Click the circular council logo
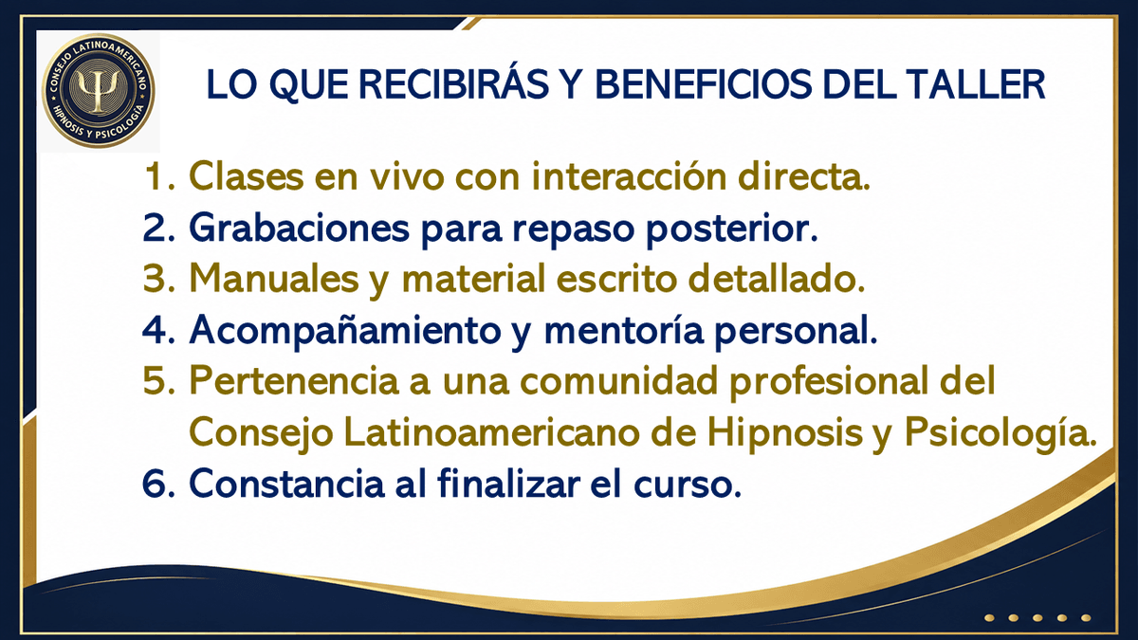point(99,91)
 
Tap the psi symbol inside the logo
point(99,90)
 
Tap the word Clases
point(247,176)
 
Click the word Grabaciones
point(299,229)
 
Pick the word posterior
point(732,229)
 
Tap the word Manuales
point(274,279)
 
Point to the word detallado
point(777,279)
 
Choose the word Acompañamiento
point(345,331)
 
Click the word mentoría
point(624,330)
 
